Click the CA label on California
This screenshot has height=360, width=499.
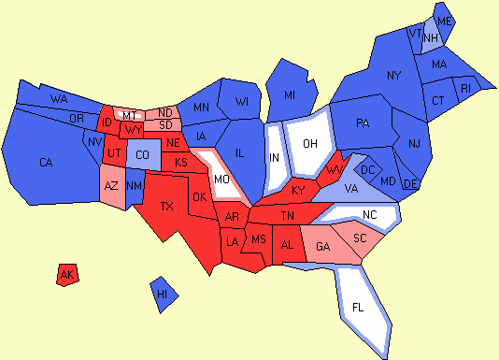point(46,163)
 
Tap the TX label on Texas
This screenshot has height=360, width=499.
point(168,206)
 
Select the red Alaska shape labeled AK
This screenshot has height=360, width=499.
point(66,275)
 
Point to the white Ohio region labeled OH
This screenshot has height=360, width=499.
point(310,142)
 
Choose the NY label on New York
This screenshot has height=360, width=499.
point(393,75)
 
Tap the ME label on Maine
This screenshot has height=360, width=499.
point(445,21)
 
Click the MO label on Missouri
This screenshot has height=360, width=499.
point(222,178)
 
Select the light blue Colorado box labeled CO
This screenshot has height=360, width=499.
point(142,154)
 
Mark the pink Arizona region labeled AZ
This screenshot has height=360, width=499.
point(111,186)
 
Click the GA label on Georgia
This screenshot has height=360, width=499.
point(323,247)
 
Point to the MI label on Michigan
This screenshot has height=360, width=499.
point(290,94)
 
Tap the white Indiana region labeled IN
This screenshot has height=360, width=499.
point(275,156)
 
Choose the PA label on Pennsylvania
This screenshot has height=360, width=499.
point(364,123)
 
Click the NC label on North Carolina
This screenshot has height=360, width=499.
point(371,215)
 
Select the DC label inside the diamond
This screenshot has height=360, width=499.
point(368,169)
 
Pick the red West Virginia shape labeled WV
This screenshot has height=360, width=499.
point(334,171)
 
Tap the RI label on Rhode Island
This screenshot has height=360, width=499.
point(467,89)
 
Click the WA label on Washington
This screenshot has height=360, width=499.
point(58,98)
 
